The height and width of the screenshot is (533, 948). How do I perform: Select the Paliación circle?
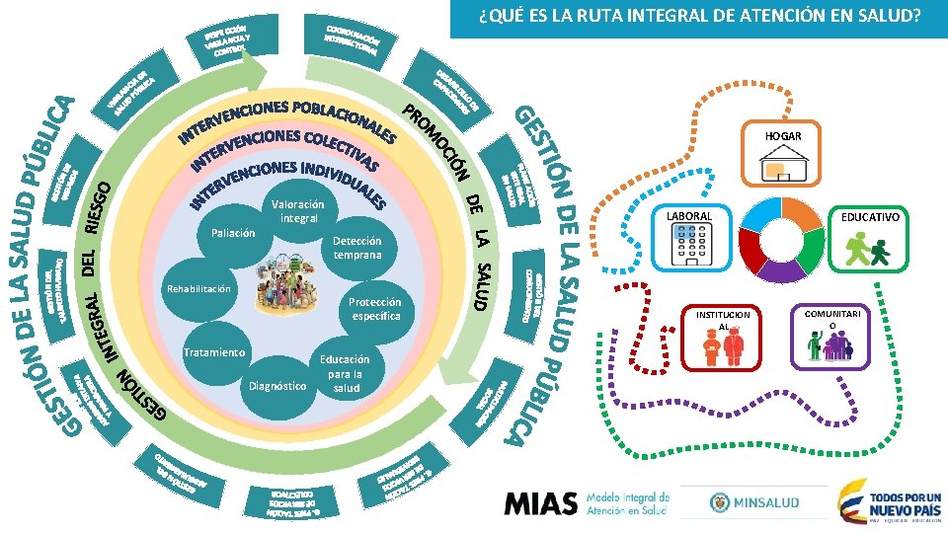point(233,234)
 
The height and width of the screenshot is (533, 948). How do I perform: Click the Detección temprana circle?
point(356,248)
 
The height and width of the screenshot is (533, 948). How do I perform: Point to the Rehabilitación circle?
point(198,290)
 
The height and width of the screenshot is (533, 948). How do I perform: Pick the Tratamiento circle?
point(214,353)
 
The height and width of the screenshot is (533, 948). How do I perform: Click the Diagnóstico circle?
point(278,386)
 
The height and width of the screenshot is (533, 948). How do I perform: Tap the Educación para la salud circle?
point(346,373)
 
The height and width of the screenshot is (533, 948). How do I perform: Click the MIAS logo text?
point(540,503)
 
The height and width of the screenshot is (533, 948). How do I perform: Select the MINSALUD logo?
point(754,503)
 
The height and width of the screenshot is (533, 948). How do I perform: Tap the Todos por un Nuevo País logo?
point(885,501)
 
